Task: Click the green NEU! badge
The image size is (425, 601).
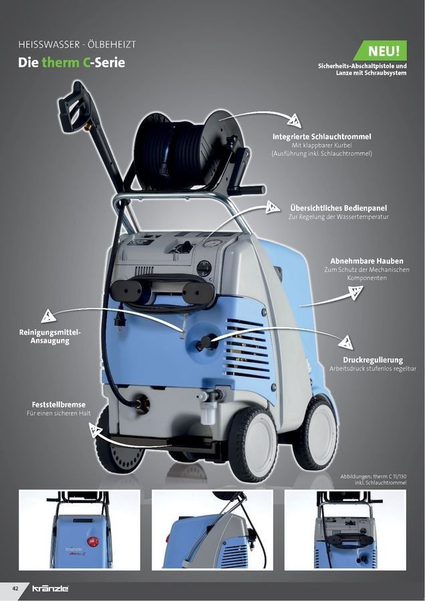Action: click(x=380, y=51)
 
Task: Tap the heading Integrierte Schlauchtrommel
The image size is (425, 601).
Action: click(x=322, y=136)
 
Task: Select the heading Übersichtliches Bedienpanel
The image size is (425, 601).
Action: click(x=338, y=208)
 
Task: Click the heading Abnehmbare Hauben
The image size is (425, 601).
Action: click(x=367, y=261)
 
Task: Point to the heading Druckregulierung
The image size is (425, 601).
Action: click(x=373, y=360)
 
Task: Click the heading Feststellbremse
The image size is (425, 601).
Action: click(x=59, y=405)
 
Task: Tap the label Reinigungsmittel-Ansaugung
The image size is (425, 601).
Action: click(x=50, y=336)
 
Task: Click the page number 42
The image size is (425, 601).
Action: click(x=15, y=588)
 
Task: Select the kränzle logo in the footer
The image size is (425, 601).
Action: click(x=50, y=588)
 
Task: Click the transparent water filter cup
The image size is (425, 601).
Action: click(x=208, y=414)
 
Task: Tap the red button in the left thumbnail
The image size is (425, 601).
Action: click(x=92, y=542)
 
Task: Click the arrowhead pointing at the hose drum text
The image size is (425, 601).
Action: click(x=294, y=120)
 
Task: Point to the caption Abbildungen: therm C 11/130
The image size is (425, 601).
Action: click(x=374, y=476)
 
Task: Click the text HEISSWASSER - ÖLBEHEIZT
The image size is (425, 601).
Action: click(x=77, y=45)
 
